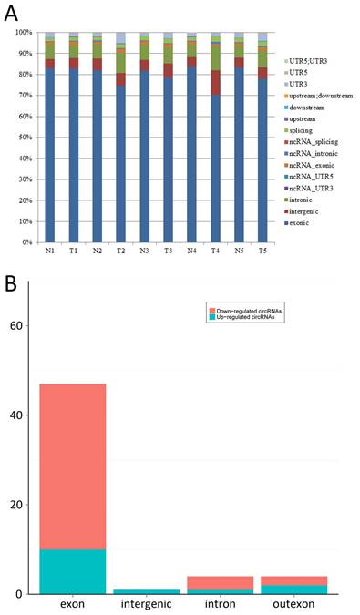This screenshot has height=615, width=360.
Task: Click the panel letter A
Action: coord(13,13)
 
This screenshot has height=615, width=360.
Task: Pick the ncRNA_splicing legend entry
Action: coord(310,117)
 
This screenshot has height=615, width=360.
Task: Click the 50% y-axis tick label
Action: coord(22,138)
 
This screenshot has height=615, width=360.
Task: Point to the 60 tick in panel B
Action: coord(27,325)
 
